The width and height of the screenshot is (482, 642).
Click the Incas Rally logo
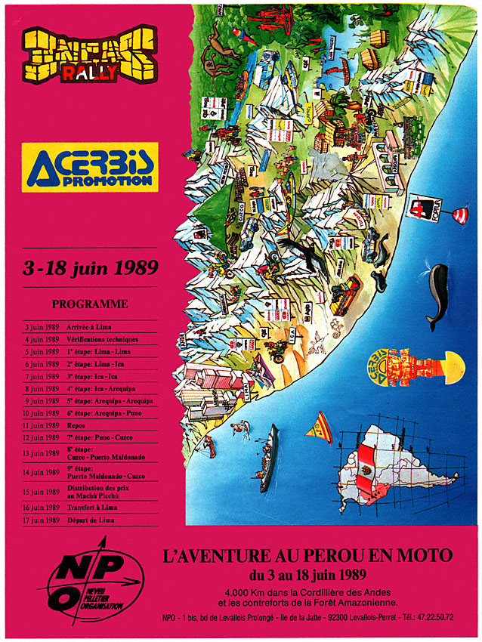[x=89, y=55]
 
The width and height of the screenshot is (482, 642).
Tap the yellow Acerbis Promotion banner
[x=89, y=166]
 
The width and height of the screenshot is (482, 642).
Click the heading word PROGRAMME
[x=89, y=304]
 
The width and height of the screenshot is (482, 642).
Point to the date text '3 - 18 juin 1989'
[x=89, y=267]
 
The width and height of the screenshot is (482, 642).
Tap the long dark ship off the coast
[x=268, y=457]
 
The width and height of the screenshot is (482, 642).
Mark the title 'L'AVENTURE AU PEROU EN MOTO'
[x=307, y=556]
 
